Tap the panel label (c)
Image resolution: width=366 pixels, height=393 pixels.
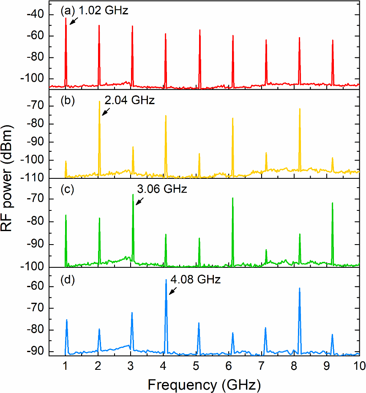click(68, 189)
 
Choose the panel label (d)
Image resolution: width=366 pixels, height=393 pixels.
click(68, 280)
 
